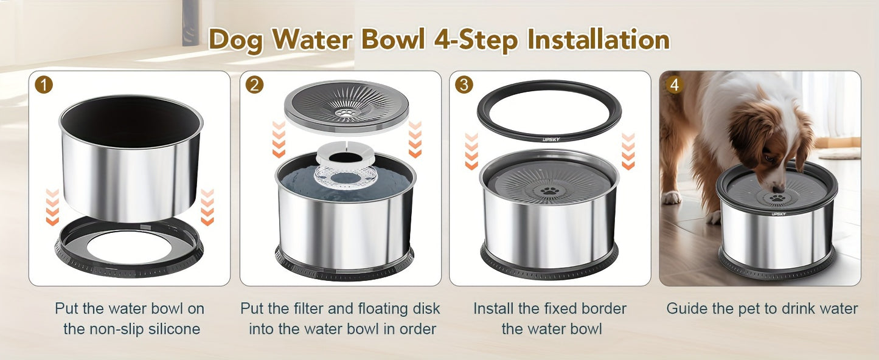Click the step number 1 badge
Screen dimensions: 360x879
[44, 85]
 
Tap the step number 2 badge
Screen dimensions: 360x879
[254, 85]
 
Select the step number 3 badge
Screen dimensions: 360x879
[464, 85]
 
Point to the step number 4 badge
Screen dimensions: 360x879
[674, 85]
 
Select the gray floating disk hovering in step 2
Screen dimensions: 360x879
[346, 105]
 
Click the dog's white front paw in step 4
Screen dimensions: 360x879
[672, 197]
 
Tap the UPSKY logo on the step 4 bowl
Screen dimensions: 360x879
[779, 213]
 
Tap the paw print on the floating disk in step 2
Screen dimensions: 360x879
[346, 112]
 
